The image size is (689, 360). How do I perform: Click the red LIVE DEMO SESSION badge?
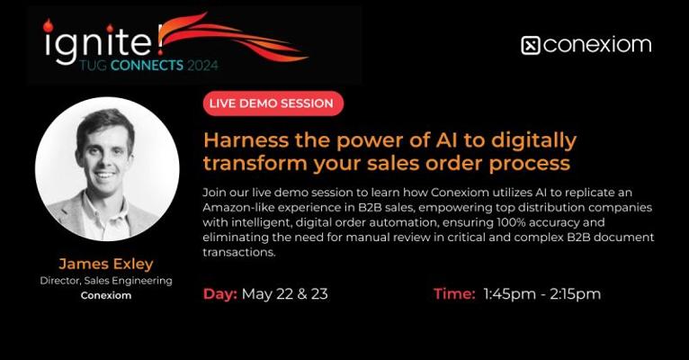[273, 103]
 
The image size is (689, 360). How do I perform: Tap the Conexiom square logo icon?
[531, 46]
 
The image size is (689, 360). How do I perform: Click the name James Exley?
[106, 264]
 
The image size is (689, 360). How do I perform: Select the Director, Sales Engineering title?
[106, 281]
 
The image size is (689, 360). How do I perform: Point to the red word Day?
[220, 294]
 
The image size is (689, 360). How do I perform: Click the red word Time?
[454, 293]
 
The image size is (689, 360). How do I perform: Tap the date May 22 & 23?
[285, 294]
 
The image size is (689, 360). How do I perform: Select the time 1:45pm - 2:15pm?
[541, 294]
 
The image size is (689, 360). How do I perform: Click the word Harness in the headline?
[246, 140]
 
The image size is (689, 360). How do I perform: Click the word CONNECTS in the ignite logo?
[147, 66]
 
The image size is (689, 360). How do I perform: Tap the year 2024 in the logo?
[202, 66]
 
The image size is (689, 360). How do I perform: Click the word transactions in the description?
[239, 252]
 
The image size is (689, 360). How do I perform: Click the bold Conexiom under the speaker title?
[106, 295]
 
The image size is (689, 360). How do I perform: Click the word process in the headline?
[530, 164]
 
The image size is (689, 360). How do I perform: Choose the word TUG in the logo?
[94, 66]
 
